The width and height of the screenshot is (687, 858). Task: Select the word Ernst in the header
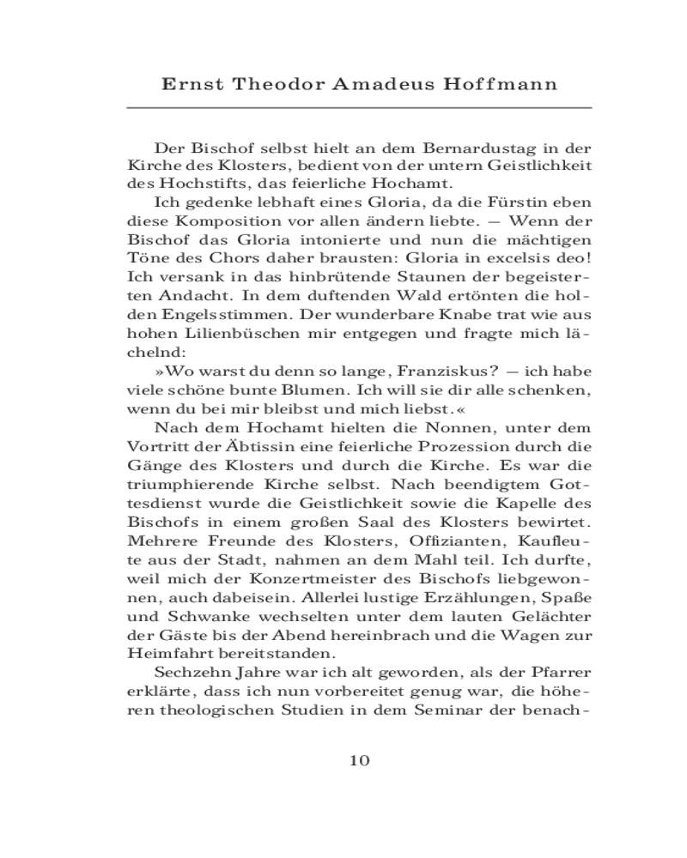(x=190, y=84)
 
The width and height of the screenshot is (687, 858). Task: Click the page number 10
(x=360, y=760)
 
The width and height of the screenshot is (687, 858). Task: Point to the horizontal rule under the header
(x=360, y=108)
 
